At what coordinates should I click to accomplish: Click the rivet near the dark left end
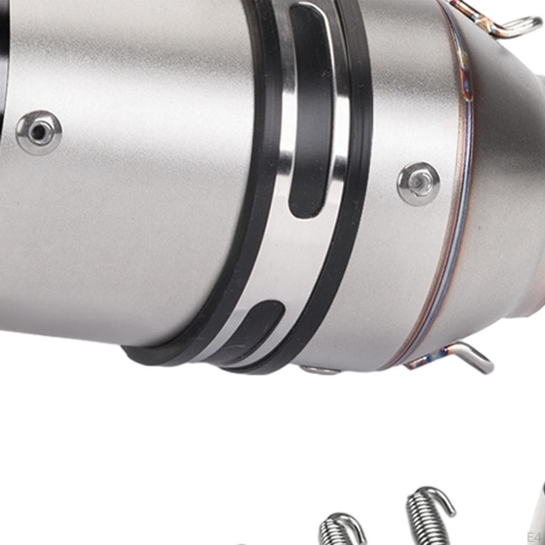(x=39, y=133)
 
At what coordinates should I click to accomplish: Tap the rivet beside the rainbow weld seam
(x=419, y=184)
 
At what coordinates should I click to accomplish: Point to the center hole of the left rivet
(x=38, y=132)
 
